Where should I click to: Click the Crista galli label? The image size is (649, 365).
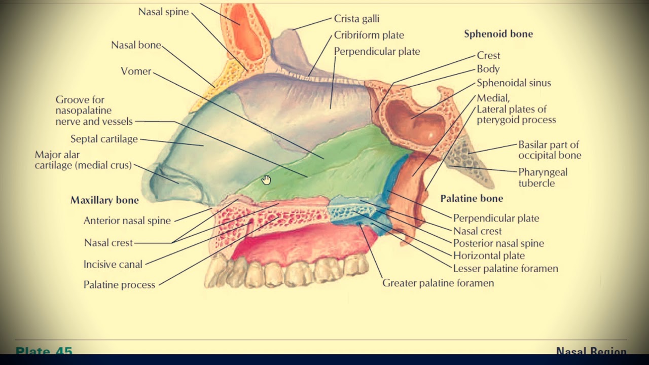pyautogui.click(x=356, y=19)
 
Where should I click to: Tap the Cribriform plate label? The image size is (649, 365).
pyautogui.click(x=369, y=35)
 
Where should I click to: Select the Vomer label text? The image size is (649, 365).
pyautogui.click(x=136, y=71)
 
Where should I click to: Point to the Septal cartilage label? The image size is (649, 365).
pyautogui.click(x=104, y=139)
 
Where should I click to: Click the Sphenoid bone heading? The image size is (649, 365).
pyautogui.click(x=498, y=34)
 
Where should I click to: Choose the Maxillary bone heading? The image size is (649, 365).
pyautogui.click(x=104, y=200)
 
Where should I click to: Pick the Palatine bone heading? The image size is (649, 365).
pyautogui.click(x=472, y=199)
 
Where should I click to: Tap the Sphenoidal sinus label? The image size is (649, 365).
pyautogui.click(x=514, y=83)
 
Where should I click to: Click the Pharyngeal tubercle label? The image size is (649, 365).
pyautogui.click(x=543, y=177)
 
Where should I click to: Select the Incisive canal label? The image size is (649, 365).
pyautogui.click(x=113, y=264)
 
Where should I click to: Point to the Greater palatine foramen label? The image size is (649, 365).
pyautogui.click(x=438, y=283)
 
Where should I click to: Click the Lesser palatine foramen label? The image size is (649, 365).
pyautogui.click(x=506, y=269)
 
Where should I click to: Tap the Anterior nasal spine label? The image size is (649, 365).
pyautogui.click(x=127, y=221)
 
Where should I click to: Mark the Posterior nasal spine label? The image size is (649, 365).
pyautogui.click(x=498, y=243)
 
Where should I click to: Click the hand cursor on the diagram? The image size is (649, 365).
pyautogui.click(x=266, y=179)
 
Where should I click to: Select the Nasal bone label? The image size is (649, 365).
pyautogui.click(x=136, y=45)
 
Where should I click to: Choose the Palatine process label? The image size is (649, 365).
pyautogui.click(x=119, y=285)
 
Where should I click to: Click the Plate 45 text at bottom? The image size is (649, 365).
pyautogui.click(x=44, y=351)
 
